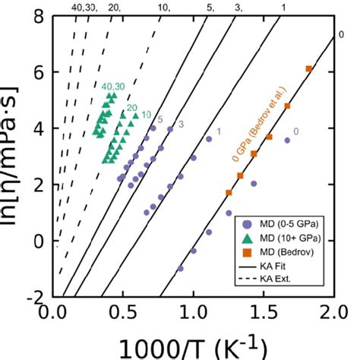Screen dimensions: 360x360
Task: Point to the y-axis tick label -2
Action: point(36,297)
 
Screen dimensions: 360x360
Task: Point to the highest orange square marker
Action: point(308,69)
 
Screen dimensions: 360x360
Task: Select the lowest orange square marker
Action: point(229,193)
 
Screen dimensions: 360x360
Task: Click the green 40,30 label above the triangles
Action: point(113,86)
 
